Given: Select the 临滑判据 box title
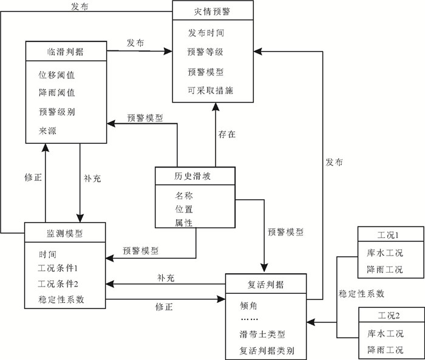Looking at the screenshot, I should point(65,51).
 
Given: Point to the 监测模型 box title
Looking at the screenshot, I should point(65,233).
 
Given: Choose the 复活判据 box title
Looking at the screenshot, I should point(266,284).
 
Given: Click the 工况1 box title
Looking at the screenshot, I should point(389,236).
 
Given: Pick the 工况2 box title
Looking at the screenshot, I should point(389,316).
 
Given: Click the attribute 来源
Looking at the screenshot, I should point(47,131).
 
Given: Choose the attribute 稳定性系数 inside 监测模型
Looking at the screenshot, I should point(61,299).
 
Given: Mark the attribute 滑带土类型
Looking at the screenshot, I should point(262,335).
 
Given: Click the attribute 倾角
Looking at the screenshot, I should point(246,305).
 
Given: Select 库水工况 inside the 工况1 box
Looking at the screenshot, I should point(385,253).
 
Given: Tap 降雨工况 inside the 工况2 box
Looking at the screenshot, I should point(385,350).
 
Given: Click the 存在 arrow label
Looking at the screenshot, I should point(226,135).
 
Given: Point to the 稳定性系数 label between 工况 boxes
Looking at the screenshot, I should point(362,294).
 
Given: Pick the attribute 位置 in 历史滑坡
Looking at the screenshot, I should point(185,209).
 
